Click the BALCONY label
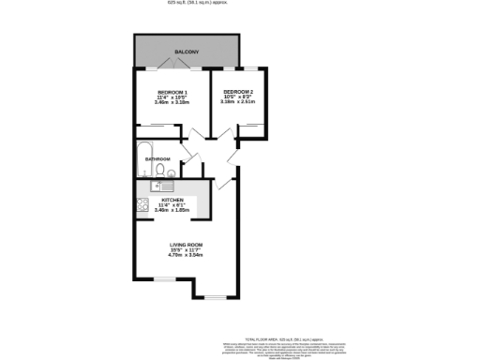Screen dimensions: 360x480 point(187,52)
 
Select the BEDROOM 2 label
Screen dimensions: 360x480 point(238,92)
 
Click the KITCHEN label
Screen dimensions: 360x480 point(172,201)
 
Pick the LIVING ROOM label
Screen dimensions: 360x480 point(187,245)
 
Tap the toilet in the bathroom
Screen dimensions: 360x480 point(173,174)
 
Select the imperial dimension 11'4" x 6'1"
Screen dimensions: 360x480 point(172,205)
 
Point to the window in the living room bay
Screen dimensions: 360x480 point(215,299)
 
